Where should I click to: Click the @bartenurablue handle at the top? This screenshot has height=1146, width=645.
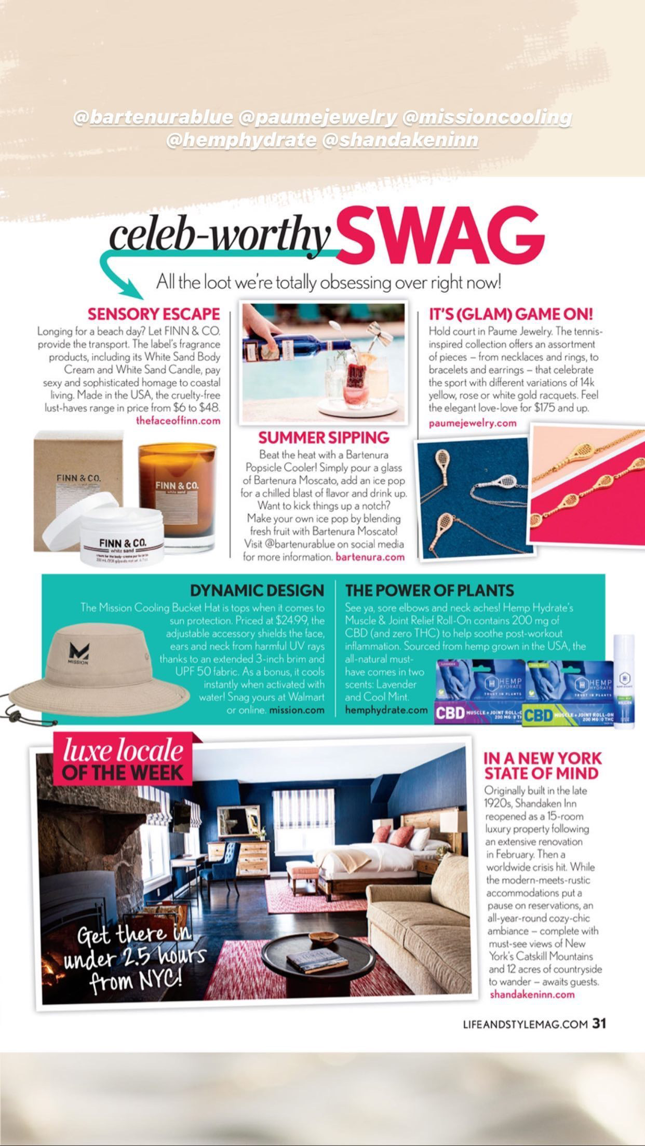pyautogui.click(x=154, y=118)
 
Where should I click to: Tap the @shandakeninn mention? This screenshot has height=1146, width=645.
pyautogui.click(x=400, y=140)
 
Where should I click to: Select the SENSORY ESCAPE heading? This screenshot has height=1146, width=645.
pyautogui.click(x=154, y=314)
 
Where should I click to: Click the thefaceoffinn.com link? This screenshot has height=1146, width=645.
pyautogui.click(x=178, y=420)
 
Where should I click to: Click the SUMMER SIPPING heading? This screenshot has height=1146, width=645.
pyautogui.click(x=324, y=437)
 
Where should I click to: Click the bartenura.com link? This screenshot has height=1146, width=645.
pyautogui.click(x=370, y=557)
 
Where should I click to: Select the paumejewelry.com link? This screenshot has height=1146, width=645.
pyautogui.click(x=473, y=423)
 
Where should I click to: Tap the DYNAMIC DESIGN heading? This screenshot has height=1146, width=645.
pyautogui.click(x=257, y=590)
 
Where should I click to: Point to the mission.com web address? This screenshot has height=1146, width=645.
pyautogui.click(x=297, y=710)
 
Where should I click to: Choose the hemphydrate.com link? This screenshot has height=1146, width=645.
pyautogui.click(x=386, y=710)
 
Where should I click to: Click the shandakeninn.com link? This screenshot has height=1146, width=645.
pyautogui.click(x=532, y=994)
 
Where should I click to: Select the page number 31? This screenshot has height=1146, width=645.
pyautogui.click(x=600, y=1024)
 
